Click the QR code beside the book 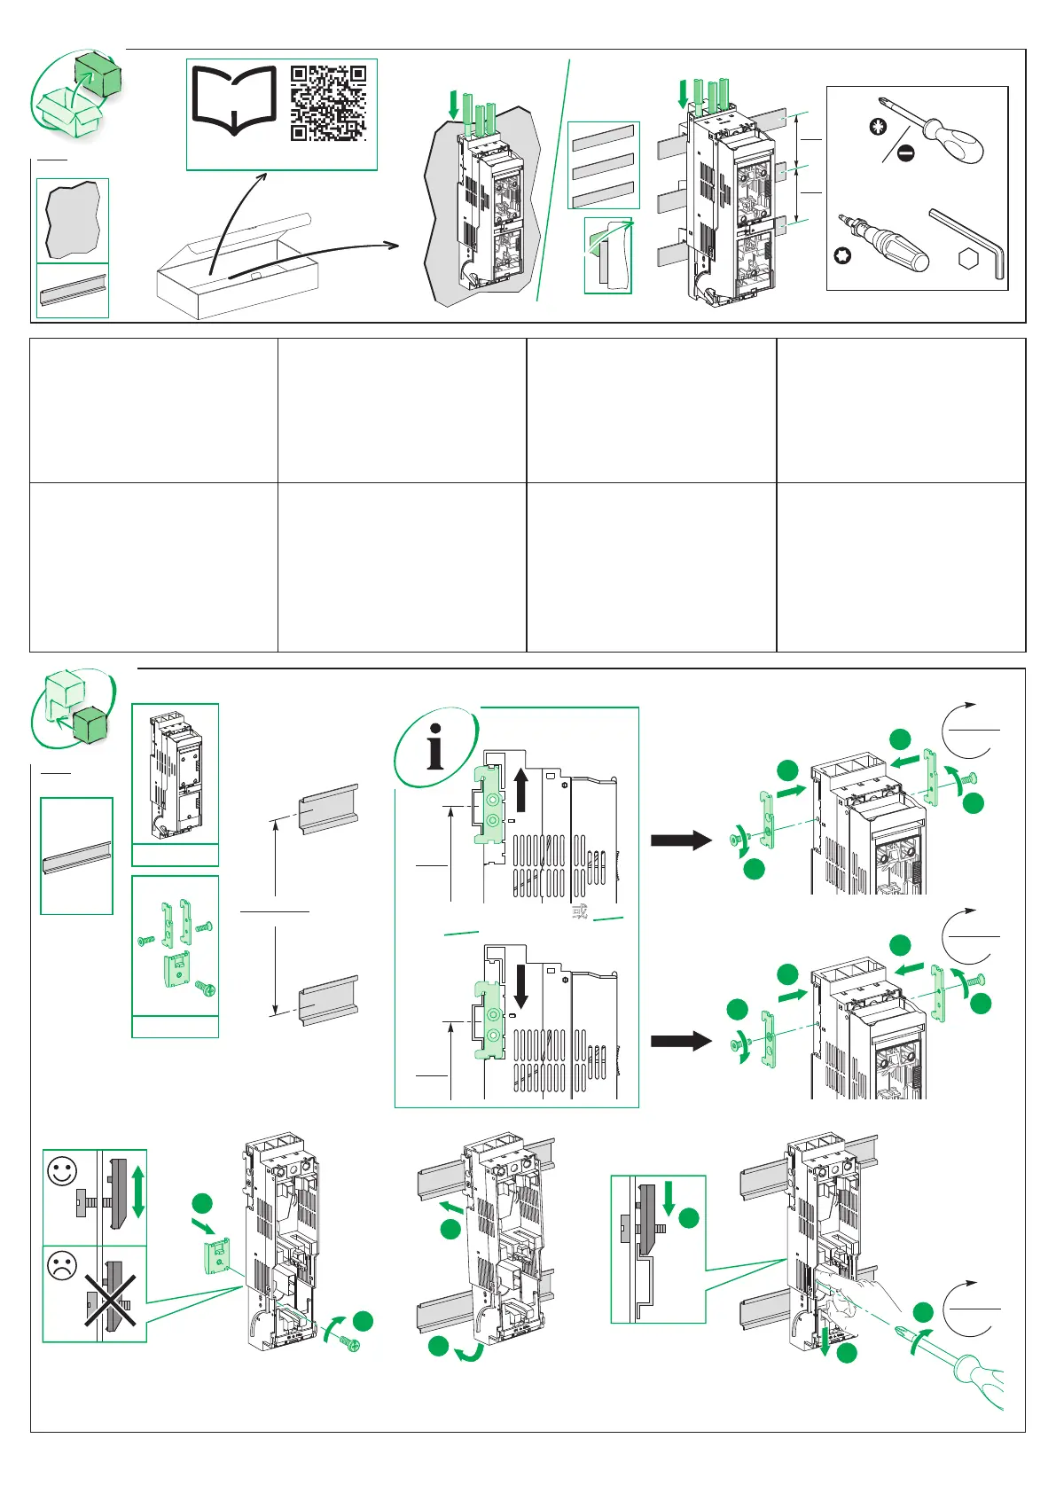point(329,103)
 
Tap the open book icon point(234,101)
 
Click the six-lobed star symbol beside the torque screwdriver point(842,257)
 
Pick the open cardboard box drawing point(237,270)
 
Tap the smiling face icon point(63,1171)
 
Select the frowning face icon point(63,1266)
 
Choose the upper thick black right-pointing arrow point(681,840)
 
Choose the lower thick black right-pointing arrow point(681,1040)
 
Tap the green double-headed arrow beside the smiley point(137,1192)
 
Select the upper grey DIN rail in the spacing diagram point(329,808)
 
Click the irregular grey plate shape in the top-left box point(72,220)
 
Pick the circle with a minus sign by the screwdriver point(905,153)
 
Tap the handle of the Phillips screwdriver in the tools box point(955,142)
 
